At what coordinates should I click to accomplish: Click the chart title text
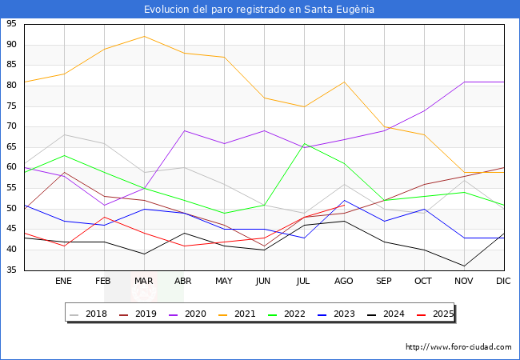pyautogui.click(x=259, y=10)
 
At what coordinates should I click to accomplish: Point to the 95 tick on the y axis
pyautogui.click(x=11, y=24)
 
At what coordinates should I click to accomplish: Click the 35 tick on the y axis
pyautogui.click(x=11, y=270)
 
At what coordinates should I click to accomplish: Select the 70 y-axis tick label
pyautogui.click(x=11, y=126)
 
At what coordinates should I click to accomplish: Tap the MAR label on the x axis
pyautogui.click(x=144, y=282)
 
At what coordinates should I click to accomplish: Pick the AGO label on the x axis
pyautogui.click(x=344, y=282)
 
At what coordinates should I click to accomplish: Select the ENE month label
pyautogui.click(x=64, y=282)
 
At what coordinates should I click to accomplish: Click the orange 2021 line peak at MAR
pyautogui.click(x=144, y=36)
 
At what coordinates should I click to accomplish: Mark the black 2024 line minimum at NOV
pyautogui.click(x=464, y=266)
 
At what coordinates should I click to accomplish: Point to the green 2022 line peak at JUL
pyautogui.click(x=304, y=143)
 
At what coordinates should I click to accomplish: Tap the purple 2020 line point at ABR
pyautogui.click(x=184, y=130)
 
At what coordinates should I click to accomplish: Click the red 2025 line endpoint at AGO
pyautogui.click(x=344, y=205)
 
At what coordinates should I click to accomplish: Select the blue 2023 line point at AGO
pyautogui.click(x=344, y=201)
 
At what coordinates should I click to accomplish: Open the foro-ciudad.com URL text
pyautogui.click(x=458, y=347)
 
